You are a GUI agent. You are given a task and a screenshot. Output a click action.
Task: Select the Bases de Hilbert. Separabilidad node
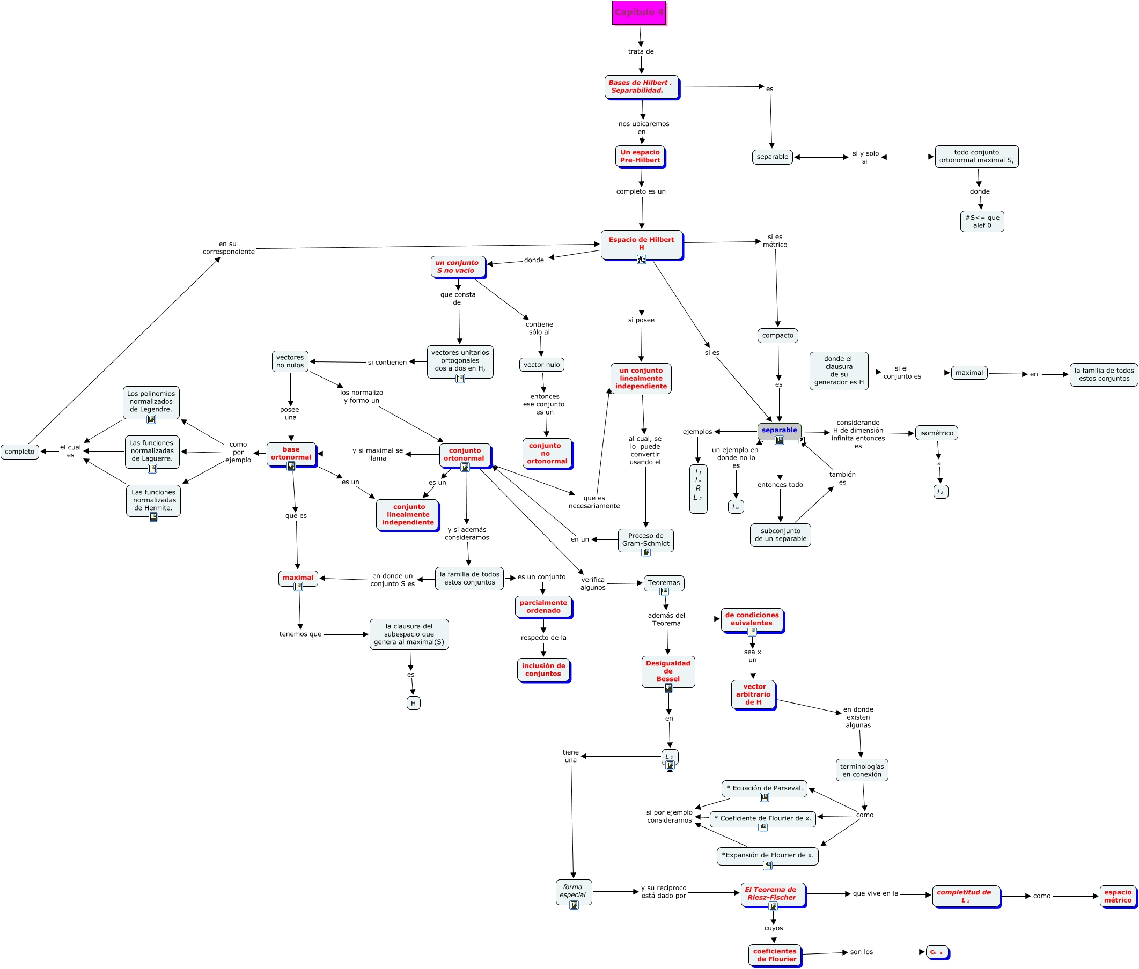(x=641, y=87)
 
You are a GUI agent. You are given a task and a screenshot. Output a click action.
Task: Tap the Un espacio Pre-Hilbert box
(x=640, y=157)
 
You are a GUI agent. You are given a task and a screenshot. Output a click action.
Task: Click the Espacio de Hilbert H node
(x=641, y=244)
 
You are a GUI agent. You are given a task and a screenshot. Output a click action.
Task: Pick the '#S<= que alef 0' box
(x=981, y=221)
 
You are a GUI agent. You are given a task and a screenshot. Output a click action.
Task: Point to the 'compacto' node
(x=777, y=336)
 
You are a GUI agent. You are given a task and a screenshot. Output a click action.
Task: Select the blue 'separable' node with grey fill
(x=778, y=431)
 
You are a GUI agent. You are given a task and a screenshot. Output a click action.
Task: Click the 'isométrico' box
(x=936, y=433)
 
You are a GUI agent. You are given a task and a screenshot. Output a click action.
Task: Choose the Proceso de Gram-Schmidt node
(x=645, y=540)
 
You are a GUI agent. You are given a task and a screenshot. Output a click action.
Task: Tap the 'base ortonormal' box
(x=291, y=454)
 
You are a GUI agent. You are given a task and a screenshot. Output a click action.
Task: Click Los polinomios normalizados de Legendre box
(x=151, y=402)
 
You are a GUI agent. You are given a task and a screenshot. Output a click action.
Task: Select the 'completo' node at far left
(x=20, y=452)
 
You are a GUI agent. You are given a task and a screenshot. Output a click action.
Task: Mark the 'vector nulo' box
(x=541, y=365)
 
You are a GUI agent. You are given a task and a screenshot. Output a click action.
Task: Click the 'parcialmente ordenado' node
(x=543, y=607)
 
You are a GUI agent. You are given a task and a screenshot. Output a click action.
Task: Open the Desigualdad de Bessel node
(x=667, y=671)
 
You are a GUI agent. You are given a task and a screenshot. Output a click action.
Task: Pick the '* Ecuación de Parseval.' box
(x=764, y=788)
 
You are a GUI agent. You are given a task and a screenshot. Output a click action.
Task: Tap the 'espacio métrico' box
(x=1117, y=897)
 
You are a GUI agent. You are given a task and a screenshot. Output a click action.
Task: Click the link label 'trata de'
(x=641, y=51)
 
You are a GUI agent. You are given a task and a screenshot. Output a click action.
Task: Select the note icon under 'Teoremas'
(x=664, y=591)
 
